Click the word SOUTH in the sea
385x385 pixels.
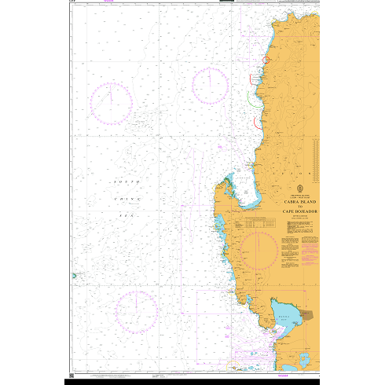127,182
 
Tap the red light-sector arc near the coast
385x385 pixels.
266,59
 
